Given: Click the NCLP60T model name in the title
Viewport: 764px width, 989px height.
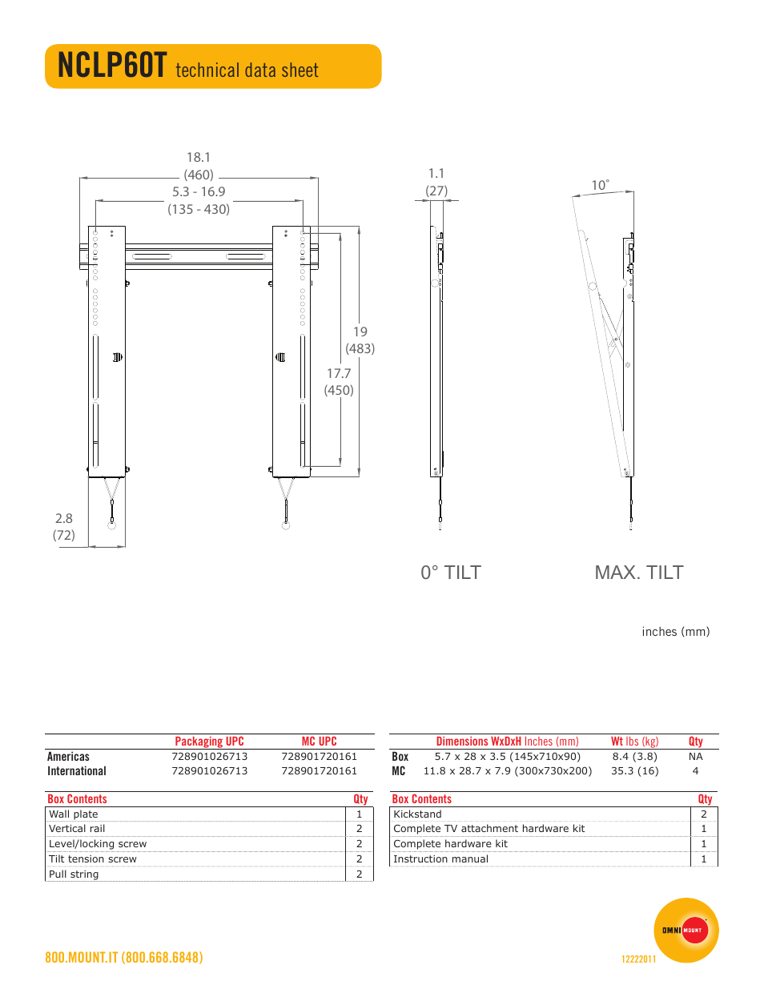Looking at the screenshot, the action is click(112, 66).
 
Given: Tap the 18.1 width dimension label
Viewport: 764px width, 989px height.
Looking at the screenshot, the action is click(199, 158).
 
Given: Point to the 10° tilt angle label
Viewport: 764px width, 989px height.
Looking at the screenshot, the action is click(600, 185).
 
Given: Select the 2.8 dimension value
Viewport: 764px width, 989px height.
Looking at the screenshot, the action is click(64, 518).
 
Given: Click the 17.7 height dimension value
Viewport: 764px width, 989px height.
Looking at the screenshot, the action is click(339, 374).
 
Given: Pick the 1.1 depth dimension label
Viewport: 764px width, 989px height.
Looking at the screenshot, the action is click(436, 174).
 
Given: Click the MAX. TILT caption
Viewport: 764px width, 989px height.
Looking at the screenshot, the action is click(639, 573).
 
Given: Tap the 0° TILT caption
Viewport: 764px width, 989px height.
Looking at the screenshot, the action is click(451, 573).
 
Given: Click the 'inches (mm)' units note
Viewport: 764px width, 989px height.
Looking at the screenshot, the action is click(676, 632).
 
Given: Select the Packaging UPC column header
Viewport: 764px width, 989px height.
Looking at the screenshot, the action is click(209, 742).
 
